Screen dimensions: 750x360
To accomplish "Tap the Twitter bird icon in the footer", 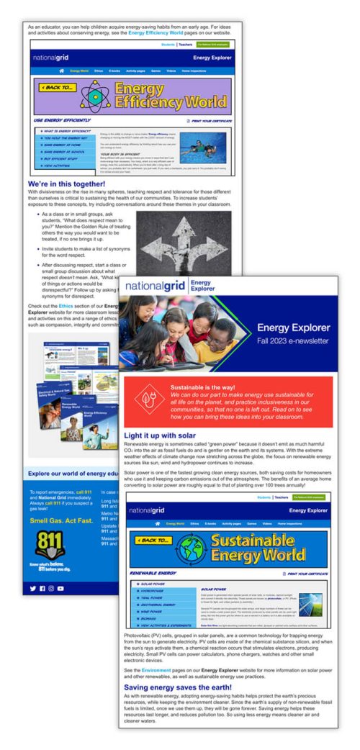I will [x=32, y=588].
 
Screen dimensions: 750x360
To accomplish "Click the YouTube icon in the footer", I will [x=60, y=588].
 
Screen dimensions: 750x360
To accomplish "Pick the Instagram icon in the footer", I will [x=51, y=588].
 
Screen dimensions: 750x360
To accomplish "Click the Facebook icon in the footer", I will [x=42, y=588].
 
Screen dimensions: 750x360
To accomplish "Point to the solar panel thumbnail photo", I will [x=310, y=602].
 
